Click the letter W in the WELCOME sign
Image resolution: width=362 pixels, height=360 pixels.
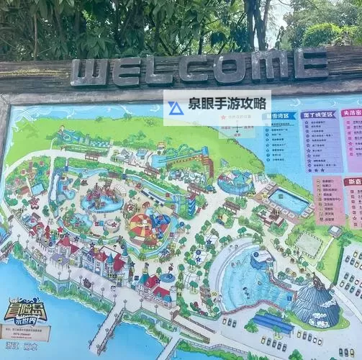tap(90, 72)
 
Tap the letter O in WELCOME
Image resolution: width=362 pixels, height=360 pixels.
tap(234, 66)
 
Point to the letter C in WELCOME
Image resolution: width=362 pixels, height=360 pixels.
tap(196, 68)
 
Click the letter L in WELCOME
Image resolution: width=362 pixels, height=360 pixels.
tap(159, 69)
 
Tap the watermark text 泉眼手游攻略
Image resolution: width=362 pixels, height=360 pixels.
tap(226, 105)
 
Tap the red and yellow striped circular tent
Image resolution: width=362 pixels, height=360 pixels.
tap(141, 226)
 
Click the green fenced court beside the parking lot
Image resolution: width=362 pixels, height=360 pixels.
tap(309, 244)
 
